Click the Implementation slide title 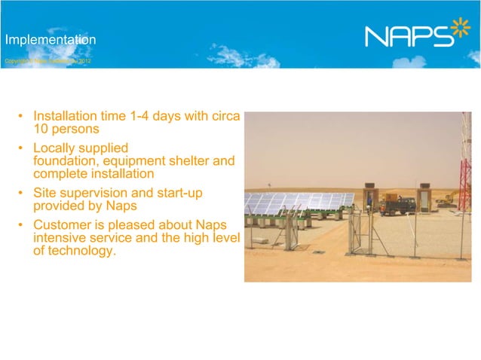(49, 38)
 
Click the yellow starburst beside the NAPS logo (460, 32)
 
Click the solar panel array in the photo (298, 202)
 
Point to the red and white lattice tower (465, 162)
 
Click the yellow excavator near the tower (446, 200)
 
